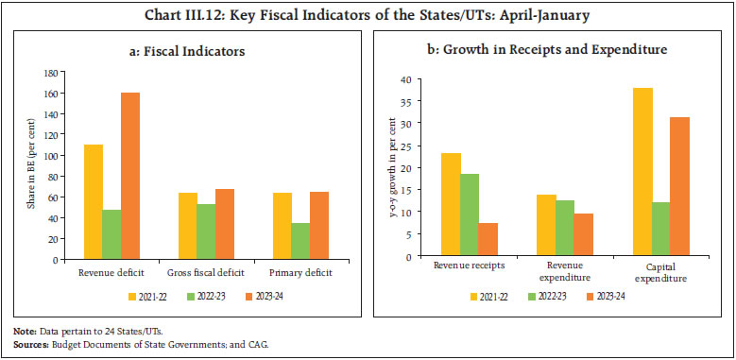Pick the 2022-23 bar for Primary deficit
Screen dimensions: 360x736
[x=301, y=239]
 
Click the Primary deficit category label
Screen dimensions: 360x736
[x=301, y=268]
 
